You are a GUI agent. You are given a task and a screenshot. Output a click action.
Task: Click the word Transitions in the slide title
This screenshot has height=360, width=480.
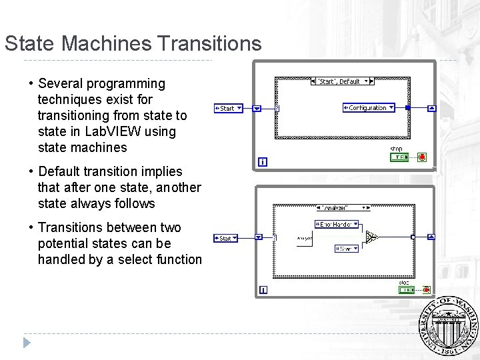click(210, 44)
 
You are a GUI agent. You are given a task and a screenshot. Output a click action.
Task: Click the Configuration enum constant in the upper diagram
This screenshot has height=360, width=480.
click(368, 107)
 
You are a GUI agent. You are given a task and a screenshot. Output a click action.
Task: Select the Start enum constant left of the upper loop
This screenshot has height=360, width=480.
click(228, 108)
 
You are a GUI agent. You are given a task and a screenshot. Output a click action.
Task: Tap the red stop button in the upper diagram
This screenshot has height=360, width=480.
click(422, 157)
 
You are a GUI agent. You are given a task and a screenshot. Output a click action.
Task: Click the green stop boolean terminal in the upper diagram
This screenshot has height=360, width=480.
click(399, 157)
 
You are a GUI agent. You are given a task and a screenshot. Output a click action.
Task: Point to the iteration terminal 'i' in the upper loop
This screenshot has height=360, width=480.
click(263, 162)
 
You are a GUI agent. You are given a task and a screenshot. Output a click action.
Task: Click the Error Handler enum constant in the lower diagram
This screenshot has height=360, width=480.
click(337, 225)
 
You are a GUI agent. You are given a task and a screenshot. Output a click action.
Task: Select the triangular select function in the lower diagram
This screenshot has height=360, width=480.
click(372, 236)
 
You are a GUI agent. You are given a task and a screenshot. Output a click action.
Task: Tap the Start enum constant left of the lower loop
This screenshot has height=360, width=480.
click(226, 238)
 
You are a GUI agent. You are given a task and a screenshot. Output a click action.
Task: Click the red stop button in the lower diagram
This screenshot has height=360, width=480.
click(422, 289)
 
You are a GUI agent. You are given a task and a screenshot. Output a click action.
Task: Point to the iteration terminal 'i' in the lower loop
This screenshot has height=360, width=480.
click(263, 290)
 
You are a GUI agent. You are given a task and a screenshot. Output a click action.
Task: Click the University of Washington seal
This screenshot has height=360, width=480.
click(449, 327)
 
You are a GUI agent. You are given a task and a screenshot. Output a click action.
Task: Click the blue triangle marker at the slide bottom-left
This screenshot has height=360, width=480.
click(27, 343)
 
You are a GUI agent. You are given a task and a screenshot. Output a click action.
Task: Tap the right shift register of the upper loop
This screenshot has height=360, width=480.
click(431, 108)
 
